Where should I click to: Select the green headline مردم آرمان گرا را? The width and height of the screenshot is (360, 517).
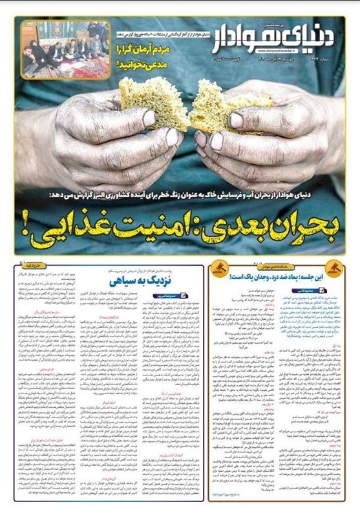[x=145, y=48]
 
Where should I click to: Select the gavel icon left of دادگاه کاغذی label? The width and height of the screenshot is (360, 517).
[x=220, y=266]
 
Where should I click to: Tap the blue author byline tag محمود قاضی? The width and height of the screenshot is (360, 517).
[x=317, y=290]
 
